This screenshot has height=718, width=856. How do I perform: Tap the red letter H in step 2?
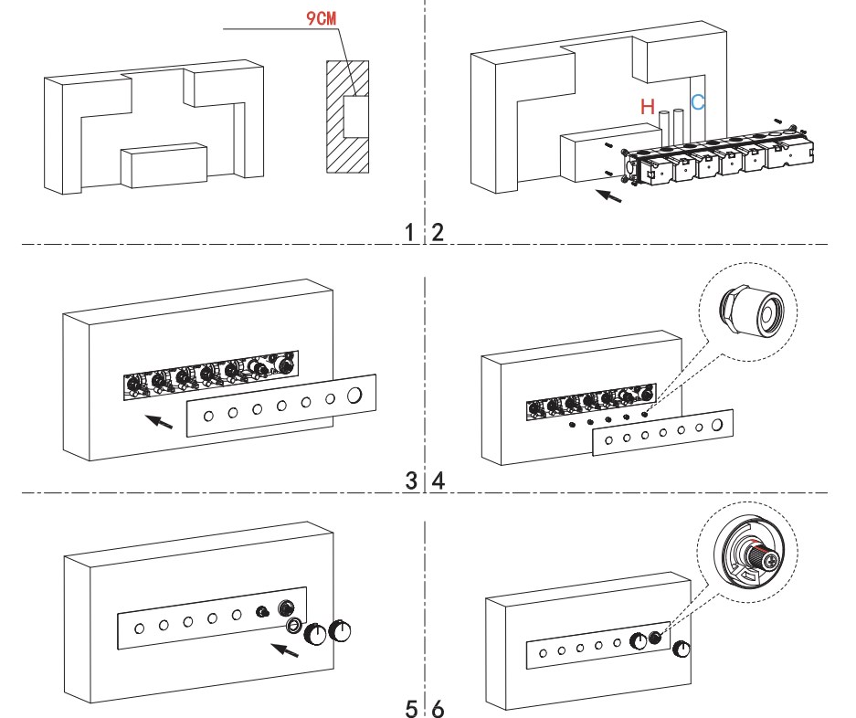[648, 108]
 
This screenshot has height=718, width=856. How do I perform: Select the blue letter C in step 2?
[698, 102]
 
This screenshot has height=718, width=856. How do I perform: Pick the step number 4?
[439, 480]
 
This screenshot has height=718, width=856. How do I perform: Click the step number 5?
[413, 707]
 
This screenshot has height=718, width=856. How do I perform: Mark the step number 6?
[439, 707]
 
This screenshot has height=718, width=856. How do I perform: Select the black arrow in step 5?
[285, 650]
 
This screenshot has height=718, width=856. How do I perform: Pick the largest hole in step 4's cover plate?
[718, 425]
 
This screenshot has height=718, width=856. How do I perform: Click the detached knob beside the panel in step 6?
[681, 649]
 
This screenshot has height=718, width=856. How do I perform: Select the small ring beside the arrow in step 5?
[295, 626]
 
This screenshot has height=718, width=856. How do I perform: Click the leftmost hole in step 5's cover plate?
[139, 628]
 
